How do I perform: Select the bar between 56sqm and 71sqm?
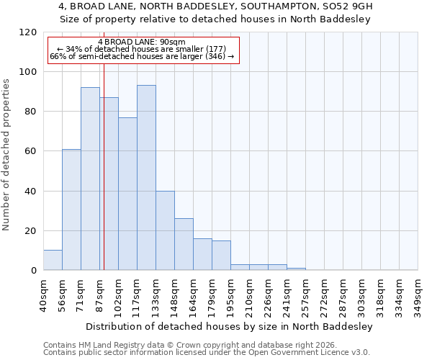71,210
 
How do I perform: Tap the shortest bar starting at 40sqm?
53,260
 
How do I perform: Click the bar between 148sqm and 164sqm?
184,244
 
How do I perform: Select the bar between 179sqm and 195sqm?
221,255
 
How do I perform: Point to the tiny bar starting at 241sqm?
296,269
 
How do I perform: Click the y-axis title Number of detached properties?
6,155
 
